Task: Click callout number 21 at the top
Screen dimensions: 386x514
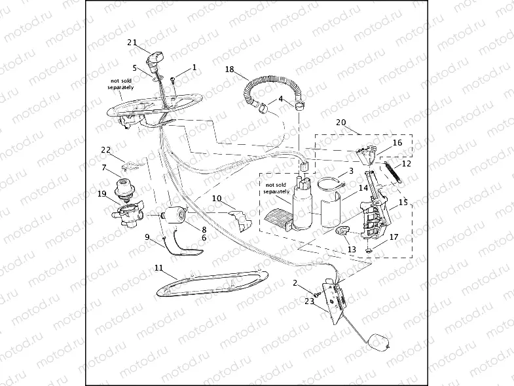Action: (x=132, y=43)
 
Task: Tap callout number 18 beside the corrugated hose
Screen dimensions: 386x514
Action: (x=229, y=69)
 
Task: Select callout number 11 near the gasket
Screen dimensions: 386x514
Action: (x=158, y=267)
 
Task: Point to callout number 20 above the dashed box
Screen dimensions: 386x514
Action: (x=340, y=123)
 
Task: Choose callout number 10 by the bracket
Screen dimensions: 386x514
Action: (x=217, y=197)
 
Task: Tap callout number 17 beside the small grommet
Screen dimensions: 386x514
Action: (x=393, y=237)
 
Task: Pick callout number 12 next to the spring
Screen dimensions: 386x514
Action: (x=406, y=163)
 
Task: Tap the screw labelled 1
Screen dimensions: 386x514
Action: (x=172, y=80)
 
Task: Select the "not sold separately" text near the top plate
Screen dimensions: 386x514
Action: (x=120, y=83)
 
